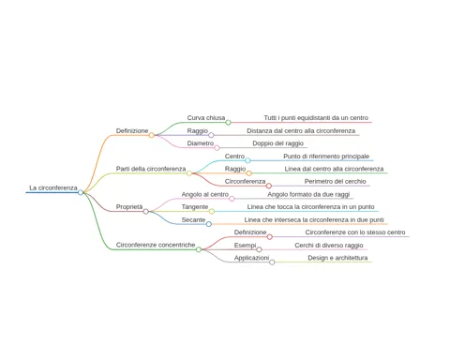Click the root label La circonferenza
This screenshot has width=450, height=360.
tap(53, 187)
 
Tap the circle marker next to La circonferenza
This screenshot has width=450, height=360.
tap(81, 192)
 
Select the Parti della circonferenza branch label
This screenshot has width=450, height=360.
tap(151, 169)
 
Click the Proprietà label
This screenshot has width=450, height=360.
tap(129, 207)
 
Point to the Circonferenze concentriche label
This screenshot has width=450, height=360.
tap(156, 245)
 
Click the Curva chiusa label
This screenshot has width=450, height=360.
tap(206, 118)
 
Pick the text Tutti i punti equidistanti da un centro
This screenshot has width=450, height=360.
tap(316, 118)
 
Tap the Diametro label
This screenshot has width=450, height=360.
tap(201, 143)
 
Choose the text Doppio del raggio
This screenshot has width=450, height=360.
tap(278, 143)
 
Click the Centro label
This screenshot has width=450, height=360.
tap(234, 156)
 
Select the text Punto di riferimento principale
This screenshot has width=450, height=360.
tap(326, 157)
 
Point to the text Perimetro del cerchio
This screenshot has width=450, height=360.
tap(336, 181)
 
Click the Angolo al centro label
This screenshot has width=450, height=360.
tap(205, 194)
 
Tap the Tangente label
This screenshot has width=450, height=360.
tap(195, 207)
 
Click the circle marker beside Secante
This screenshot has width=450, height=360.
tap(209, 224)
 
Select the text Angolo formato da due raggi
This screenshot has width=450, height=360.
tap(308, 194)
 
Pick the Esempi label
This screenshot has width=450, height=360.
tap(246, 246)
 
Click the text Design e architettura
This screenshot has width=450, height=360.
tap(337, 258)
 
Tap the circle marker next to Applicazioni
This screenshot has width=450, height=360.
tap(272, 262)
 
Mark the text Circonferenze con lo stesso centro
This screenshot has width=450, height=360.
tap(355, 232)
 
